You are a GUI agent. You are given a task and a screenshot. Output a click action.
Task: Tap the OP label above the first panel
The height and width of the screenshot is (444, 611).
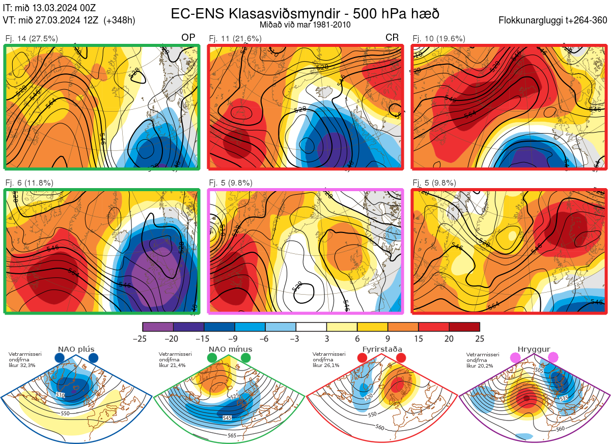tap(188, 38)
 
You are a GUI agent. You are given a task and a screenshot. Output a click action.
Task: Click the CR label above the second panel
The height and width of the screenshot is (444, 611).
tap(392, 38)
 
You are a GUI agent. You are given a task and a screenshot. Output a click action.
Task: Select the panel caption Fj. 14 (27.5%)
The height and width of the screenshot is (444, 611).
tap(32, 38)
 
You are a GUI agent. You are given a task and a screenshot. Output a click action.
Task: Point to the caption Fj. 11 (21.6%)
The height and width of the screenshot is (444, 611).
tap(235, 38)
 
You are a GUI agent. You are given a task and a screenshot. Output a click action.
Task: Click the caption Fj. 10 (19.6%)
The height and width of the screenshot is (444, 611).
tap(439, 38)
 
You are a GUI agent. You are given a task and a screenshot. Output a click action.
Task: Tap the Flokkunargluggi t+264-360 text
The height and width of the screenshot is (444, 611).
tap(554, 21)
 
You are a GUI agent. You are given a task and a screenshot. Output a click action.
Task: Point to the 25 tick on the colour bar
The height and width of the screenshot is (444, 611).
tap(479, 338)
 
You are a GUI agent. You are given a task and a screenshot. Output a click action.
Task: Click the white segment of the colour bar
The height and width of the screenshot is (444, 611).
tap(311, 327)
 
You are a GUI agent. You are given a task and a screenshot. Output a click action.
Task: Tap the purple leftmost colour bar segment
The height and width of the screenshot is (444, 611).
tap(158, 327)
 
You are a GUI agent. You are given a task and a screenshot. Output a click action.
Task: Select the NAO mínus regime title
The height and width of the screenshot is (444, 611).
tap(230, 349)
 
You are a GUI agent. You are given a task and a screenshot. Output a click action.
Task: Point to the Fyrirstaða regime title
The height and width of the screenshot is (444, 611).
tap(382, 349)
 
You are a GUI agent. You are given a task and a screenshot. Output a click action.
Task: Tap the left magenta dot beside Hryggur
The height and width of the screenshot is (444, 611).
tap(516, 358)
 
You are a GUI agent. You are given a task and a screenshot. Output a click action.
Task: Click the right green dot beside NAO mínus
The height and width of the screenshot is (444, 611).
tap(246, 358)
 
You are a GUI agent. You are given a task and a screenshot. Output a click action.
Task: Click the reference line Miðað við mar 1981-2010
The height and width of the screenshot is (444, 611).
tap(304, 24)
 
